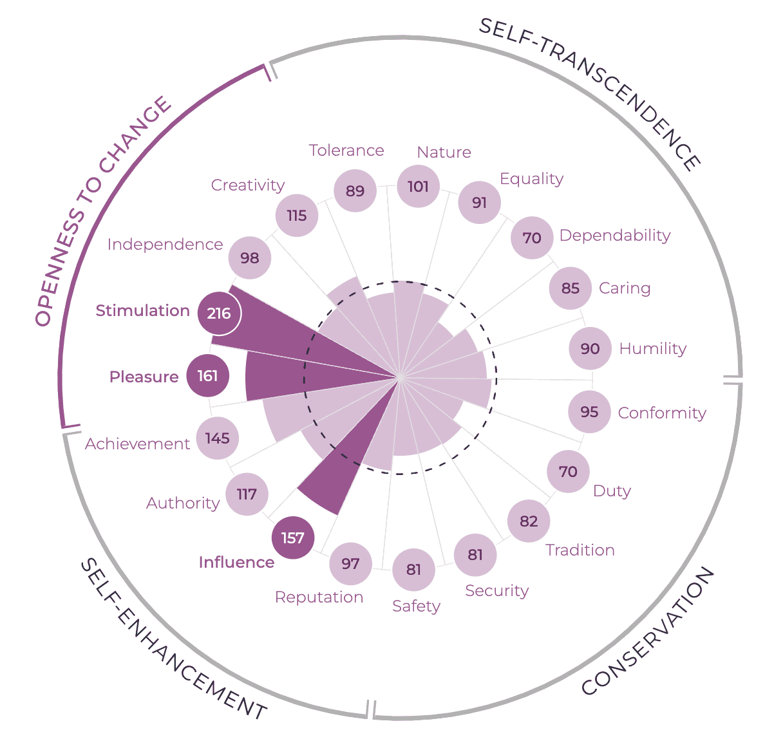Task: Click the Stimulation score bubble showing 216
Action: (219, 313)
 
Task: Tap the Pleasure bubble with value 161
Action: (207, 375)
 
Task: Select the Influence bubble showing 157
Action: (293, 538)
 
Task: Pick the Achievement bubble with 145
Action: (218, 438)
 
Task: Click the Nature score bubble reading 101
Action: (418, 187)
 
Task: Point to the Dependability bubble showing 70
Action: (532, 238)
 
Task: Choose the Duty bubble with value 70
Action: (568, 472)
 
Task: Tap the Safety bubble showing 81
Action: (413, 570)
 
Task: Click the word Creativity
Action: (248, 185)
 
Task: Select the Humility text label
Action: (652, 349)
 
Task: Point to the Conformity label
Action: (662, 413)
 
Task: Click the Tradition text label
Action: (580, 550)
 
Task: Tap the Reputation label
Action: (319, 597)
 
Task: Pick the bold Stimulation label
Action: (142, 311)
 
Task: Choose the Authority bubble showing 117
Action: (247, 494)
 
